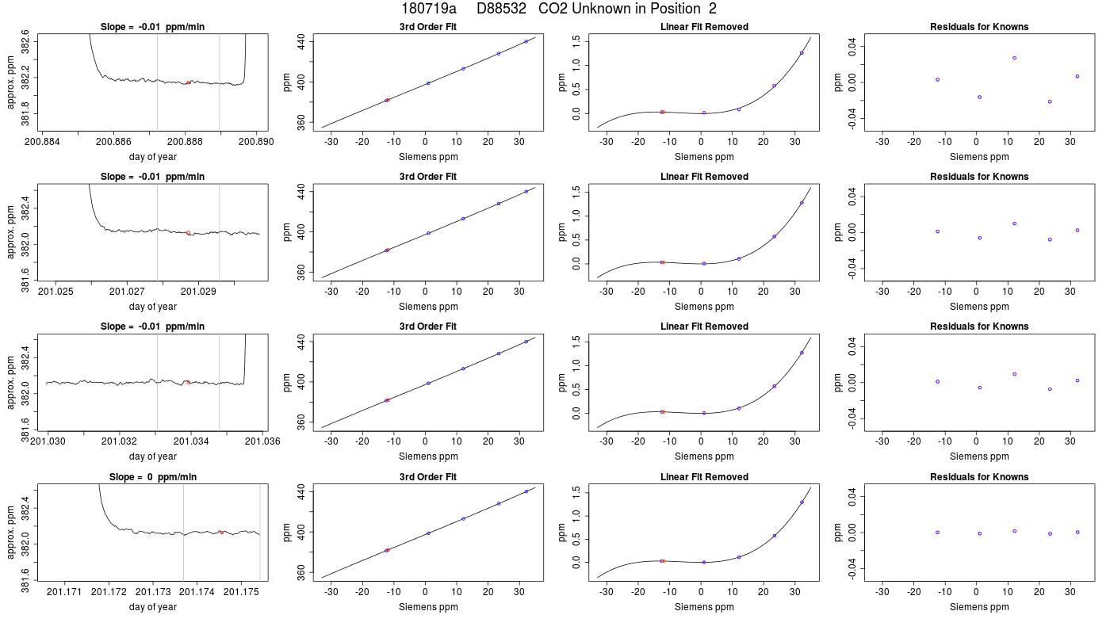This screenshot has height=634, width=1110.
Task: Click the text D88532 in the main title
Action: (x=501, y=9)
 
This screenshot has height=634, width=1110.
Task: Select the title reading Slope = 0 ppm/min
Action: (x=152, y=477)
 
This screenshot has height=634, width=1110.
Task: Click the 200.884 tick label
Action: (x=42, y=142)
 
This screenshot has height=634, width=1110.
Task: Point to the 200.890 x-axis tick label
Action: (x=256, y=142)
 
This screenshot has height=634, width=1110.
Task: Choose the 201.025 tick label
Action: (x=55, y=292)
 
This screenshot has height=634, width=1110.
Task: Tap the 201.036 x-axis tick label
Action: (x=262, y=441)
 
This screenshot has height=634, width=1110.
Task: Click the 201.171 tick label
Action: (x=64, y=592)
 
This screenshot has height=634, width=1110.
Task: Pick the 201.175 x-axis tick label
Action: (x=241, y=592)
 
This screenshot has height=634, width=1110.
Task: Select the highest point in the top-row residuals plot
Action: (x=1014, y=58)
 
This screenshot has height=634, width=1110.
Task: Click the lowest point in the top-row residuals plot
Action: (x=1050, y=101)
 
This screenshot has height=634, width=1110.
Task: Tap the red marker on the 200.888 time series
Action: (x=189, y=82)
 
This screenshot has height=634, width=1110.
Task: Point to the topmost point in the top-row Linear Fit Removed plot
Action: (x=802, y=53)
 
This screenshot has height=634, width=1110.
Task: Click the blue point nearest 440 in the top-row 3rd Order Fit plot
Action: (x=526, y=41)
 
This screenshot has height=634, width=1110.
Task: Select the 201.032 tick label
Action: (x=120, y=441)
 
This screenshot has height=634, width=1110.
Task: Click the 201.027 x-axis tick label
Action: (x=127, y=292)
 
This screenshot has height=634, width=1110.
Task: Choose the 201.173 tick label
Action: (x=153, y=592)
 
